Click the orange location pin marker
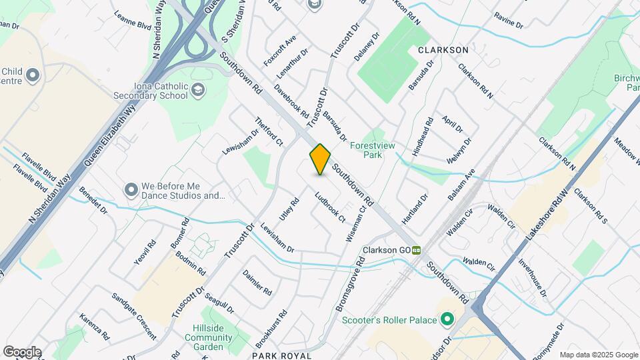320,159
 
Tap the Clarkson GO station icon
417,251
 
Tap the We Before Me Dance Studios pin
131,190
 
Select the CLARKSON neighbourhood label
443,50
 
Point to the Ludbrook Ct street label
330,207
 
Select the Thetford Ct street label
269,131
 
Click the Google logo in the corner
22,351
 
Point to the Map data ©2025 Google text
598,355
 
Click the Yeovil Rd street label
144,253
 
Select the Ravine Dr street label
509,19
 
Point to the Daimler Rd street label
257,283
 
